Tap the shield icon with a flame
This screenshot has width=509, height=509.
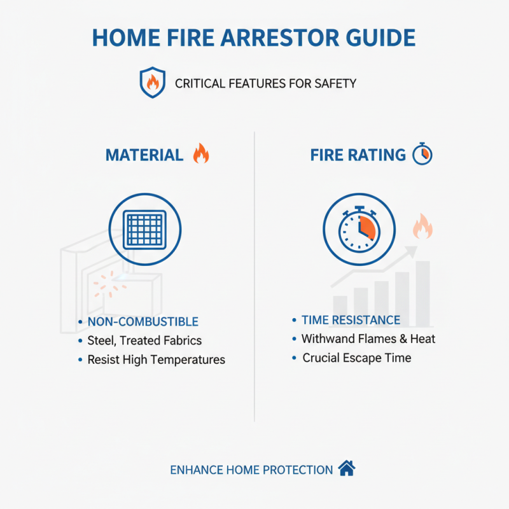pos(151,83)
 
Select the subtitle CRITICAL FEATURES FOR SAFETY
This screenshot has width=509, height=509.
pos(265,83)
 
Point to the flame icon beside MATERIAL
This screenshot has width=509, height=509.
pos(201,153)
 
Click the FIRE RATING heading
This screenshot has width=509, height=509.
pos(358,155)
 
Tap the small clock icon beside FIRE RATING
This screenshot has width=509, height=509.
pos(422,154)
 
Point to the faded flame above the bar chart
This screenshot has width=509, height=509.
pos(422,227)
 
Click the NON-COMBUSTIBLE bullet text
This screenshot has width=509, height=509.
pos(143,322)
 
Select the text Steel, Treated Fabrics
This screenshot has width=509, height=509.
pos(144,340)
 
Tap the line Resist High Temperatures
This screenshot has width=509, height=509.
pos(156,359)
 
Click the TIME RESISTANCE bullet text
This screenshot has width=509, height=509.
pos(351,320)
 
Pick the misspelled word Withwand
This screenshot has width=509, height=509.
pos(325,338)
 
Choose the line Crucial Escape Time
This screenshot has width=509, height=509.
pos(356,358)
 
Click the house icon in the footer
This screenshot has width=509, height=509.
pos(346,469)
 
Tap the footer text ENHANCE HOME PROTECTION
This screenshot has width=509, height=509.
pos(251,470)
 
